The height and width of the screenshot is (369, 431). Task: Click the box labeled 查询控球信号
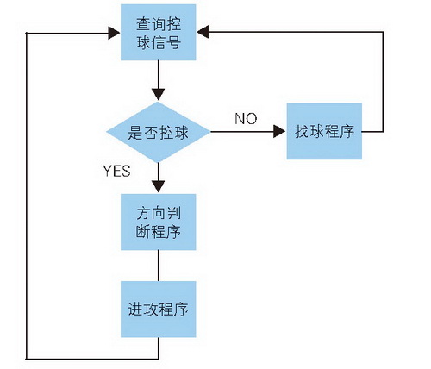tap(159, 33)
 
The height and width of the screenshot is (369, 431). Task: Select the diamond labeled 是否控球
tap(159, 132)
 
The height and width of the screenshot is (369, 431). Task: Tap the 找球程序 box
tap(324, 131)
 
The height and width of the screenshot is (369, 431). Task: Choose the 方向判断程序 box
tap(159, 222)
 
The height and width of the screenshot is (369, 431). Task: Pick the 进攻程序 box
tap(159, 310)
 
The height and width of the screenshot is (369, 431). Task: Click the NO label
tap(246, 118)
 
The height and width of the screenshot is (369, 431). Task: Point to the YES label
tap(116, 171)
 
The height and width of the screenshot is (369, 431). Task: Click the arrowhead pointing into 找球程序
tap(279, 132)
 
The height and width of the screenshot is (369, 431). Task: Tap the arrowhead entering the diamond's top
tap(159, 95)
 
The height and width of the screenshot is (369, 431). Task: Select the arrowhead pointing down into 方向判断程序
tap(159, 186)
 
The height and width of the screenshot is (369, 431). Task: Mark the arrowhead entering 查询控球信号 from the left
tap(114, 33)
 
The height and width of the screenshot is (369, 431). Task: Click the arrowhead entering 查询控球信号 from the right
tap(203, 32)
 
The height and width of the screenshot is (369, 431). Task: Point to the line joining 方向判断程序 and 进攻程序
tap(159, 266)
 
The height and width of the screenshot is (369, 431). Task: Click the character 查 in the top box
tap(143, 24)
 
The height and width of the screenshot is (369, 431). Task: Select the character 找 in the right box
tap(302, 132)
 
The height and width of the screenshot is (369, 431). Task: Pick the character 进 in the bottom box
tap(135, 310)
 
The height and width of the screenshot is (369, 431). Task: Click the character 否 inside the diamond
tap(151, 133)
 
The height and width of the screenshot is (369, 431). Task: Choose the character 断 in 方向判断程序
tap(143, 231)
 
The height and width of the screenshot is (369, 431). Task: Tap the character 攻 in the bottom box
tap(151, 310)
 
